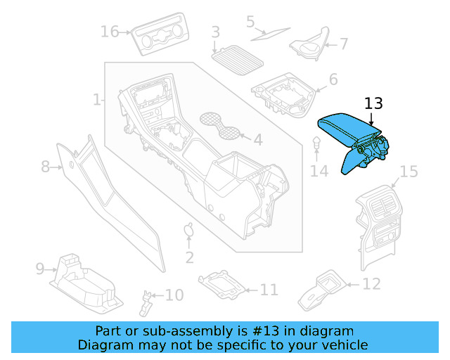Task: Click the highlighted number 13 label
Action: (373, 103)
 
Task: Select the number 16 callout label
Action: (110, 32)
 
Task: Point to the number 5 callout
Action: (250, 22)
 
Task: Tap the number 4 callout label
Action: (257, 140)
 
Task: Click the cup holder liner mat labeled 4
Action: (219, 124)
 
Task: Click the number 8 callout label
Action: (46, 167)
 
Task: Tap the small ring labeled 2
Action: (188, 229)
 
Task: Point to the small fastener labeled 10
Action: (148, 302)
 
